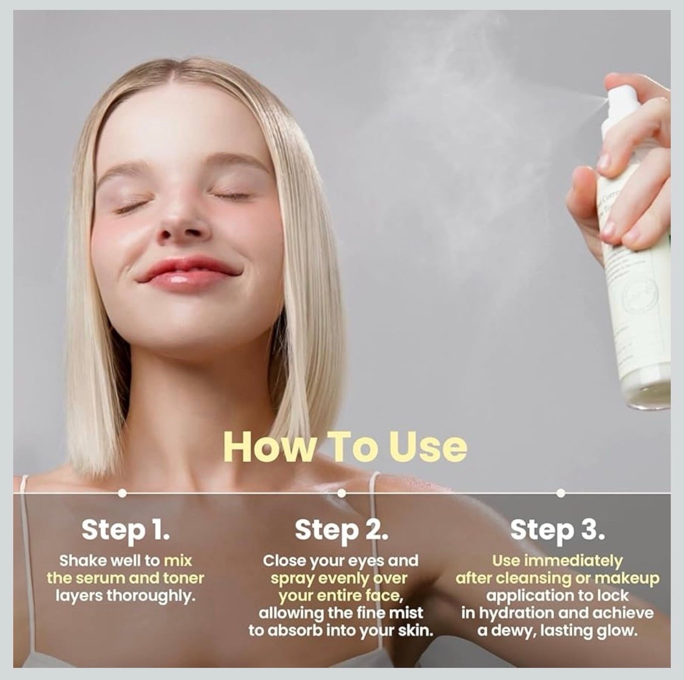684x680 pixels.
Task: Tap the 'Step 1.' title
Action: pyautogui.click(x=126, y=531)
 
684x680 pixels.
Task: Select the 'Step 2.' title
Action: pyautogui.click(x=341, y=531)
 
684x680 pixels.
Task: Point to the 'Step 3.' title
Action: pyautogui.click(x=557, y=531)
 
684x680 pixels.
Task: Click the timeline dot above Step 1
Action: pyautogui.click(x=122, y=493)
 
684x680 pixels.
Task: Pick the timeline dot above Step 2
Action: pyautogui.click(x=341, y=493)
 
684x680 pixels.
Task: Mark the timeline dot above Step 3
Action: pyautogui.click(x=561, y=493)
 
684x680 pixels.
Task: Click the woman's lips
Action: pyautogui.click(x=187, y=273)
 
